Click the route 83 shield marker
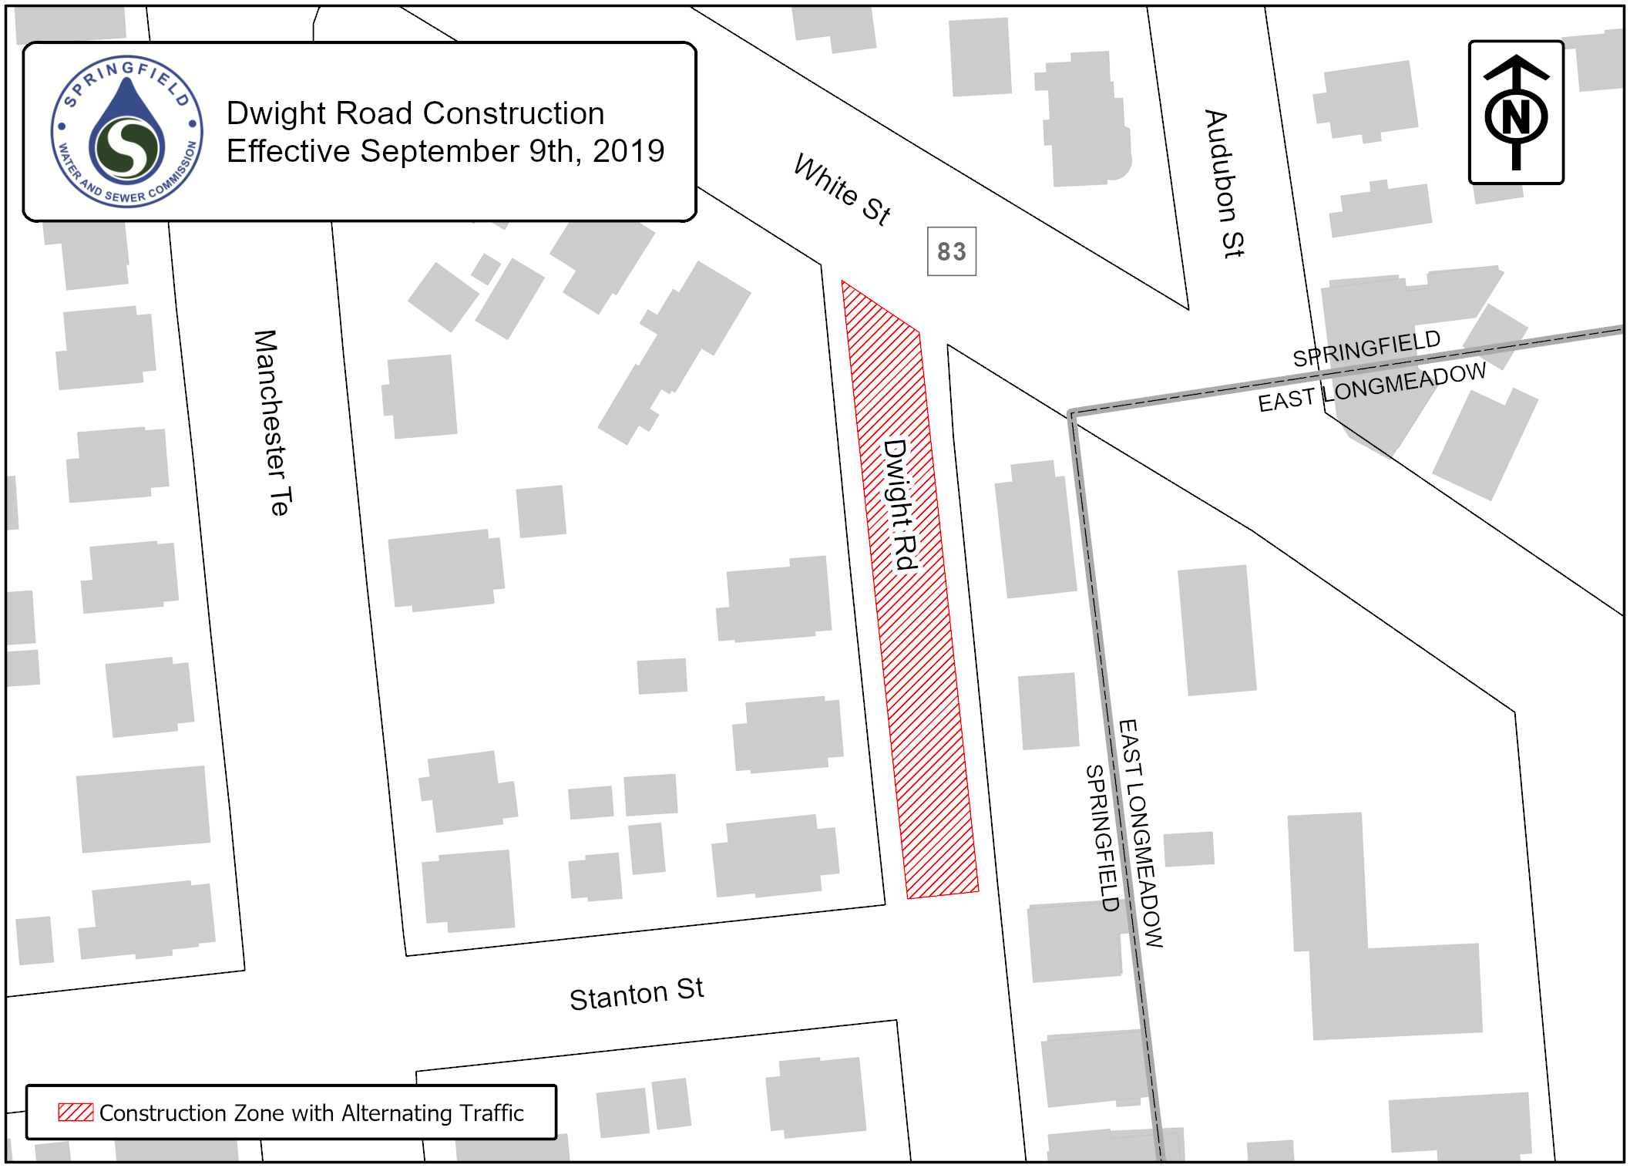(x=951, y=251)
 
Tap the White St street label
(x=842, y=190)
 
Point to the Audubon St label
(x=1224, y=184)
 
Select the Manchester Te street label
(x=273, y=422)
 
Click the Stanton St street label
(x=636, y=993)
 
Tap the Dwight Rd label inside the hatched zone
(x=901, y=505)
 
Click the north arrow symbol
(x=1515, y=113)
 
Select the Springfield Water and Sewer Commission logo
(x=127, y=131)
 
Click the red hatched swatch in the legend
(x=76, y=1112)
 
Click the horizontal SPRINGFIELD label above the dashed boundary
(x=1366, y=348)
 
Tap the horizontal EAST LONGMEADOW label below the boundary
(x=1371, y=388)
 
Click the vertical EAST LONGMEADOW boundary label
(x=1140, y=833)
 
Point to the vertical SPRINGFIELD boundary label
(x=1101, y=838)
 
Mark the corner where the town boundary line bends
(x=1071, y=414)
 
